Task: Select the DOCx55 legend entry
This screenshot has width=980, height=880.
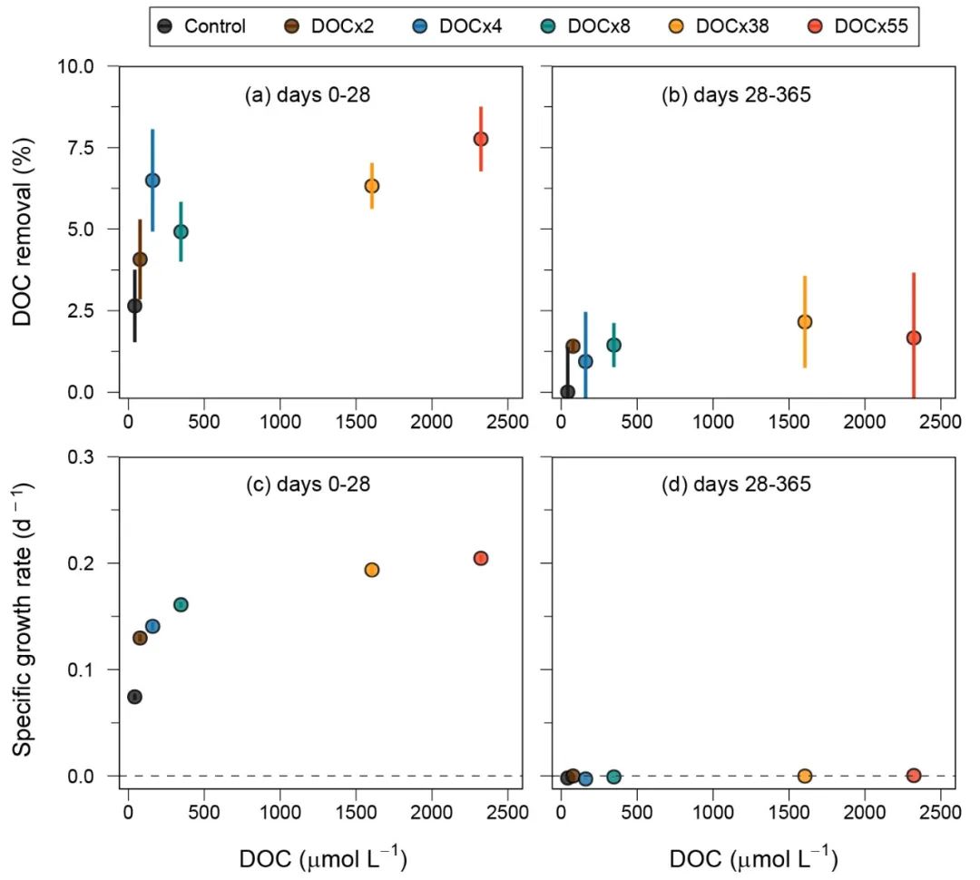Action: pos(862,25)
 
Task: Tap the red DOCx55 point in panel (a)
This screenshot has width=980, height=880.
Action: pos(481,139)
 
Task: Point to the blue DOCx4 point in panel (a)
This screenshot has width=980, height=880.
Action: pos(152,181)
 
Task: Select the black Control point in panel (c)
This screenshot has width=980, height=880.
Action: pos(134,697)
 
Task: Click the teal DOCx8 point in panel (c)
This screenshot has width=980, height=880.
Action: pos(181,605)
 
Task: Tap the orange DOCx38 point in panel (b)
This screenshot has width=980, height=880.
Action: pos(804,322)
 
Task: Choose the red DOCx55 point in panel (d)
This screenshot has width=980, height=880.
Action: pos(914,776)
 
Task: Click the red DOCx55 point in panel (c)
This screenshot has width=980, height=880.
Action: pos(481,559)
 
